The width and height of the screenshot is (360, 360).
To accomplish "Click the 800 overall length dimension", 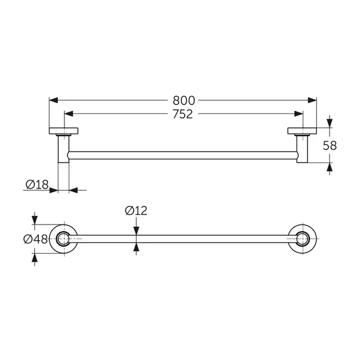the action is [x=184, y=100].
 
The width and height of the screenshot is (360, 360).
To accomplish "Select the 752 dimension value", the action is [x=183, y=114].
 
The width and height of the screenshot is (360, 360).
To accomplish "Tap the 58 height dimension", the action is [x=330, y=145].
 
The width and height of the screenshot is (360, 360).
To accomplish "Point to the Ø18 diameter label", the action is [x=37, y=184].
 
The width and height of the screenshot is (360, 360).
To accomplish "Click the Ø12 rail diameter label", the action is [x=136, y=211].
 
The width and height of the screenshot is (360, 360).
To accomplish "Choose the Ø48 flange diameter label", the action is [x=36, y=239].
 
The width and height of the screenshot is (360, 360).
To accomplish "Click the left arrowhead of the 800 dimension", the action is [x=54, y=100].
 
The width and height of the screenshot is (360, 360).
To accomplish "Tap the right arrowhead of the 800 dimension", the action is [x=312, y=100].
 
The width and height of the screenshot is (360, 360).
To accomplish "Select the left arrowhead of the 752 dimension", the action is [x=69, y=113].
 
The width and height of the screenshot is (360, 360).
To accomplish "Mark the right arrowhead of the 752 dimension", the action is [x=299, y=113].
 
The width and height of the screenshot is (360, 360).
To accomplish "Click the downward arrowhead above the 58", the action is [x=330, y=124].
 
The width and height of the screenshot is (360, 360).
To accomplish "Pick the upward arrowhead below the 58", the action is [x=330, y=167].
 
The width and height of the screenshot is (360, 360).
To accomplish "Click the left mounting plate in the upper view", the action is [x=64, y=131].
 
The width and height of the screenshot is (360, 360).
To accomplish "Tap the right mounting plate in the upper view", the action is [x=302, y=131].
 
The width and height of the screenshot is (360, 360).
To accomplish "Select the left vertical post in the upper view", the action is [x=63, y=149].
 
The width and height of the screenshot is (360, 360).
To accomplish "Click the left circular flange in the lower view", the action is [x=64, y=239].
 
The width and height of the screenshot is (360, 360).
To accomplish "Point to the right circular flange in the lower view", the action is [x=302, y=239].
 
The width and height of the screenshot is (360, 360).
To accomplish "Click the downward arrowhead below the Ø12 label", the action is [x=136, y=230].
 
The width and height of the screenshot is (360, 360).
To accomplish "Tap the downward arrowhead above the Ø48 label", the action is [x=35, y=220].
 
